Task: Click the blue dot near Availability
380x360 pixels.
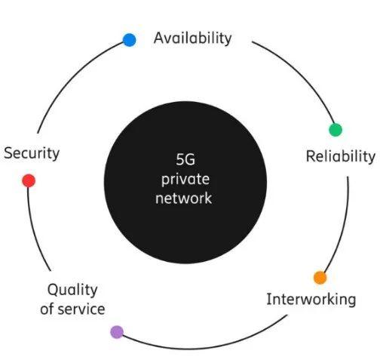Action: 130,40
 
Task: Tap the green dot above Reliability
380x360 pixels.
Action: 336,130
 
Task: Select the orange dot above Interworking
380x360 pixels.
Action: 320,278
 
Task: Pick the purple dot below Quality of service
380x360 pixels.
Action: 117,332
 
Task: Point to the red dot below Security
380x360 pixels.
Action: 29,180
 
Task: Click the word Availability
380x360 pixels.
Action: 192,38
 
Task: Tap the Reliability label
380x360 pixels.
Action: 341,156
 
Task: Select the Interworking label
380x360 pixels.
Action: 311,300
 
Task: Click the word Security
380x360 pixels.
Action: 32,153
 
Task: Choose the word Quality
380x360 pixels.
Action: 72,290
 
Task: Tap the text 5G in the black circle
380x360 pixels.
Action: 185,159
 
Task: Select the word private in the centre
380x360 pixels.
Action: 185,180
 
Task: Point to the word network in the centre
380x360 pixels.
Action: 184,198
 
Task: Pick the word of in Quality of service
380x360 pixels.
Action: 47,309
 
